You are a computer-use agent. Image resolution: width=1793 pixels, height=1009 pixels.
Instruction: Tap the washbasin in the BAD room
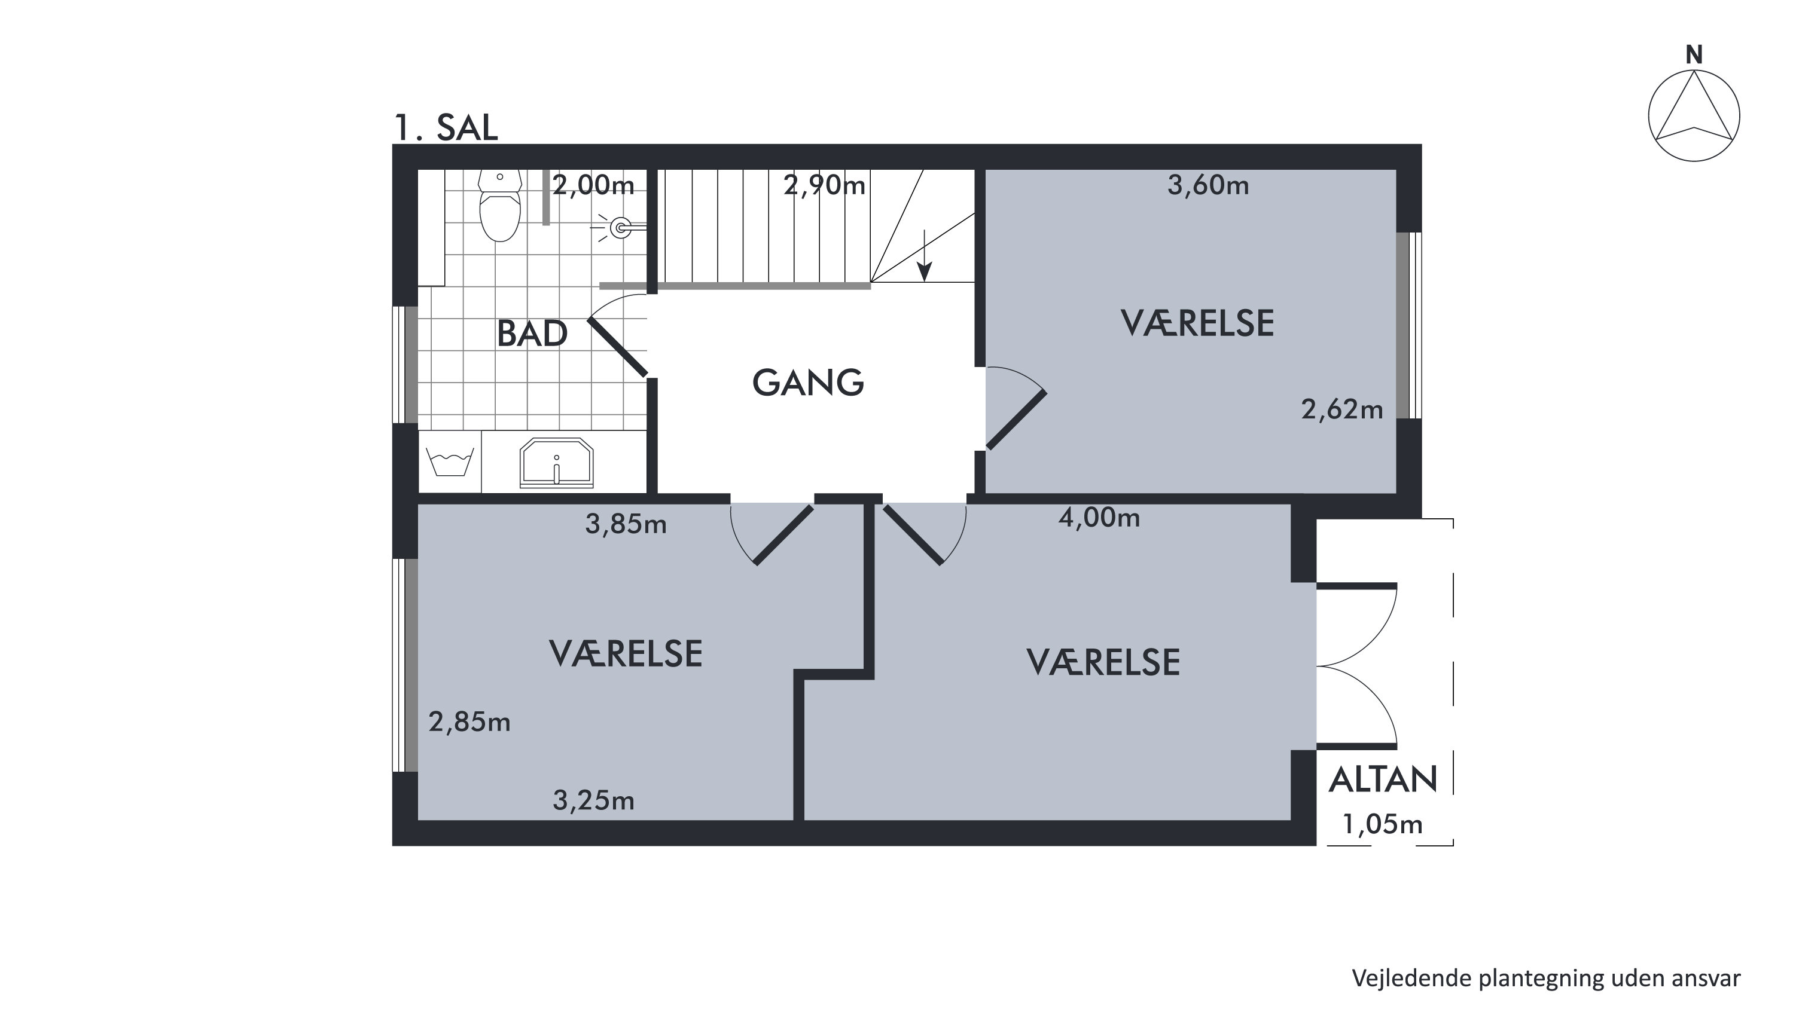pyautogui.click(x=556, y=463)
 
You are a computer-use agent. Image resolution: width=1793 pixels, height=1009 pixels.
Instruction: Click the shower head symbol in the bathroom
pyautogui.click(x=620, y=227)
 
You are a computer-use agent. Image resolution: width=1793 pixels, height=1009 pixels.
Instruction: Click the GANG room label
pyautogui.click(x=808, y=383)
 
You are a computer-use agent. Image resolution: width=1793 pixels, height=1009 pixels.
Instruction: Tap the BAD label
pyautogui.click(x=532, y=334)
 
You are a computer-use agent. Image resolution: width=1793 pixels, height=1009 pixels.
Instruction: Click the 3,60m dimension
pyautogui.click(x=1207, y=185)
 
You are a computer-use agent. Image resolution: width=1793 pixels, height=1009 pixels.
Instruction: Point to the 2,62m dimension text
pyautogui.click(x=1342, y=410)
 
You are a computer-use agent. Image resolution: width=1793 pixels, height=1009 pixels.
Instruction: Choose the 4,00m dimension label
pyautogui.click(x=1099, y=518)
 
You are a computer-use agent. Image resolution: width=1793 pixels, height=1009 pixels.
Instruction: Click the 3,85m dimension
pyautogui.click(x=626, y=524)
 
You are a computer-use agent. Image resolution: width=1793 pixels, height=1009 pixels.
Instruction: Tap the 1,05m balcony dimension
pyautogui.click(x=1382, y=825)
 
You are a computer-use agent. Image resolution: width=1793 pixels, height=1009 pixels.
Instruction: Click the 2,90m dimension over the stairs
pyautogui.click(x=824, y=185)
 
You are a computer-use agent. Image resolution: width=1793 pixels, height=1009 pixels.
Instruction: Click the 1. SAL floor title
pyautogui.click(x=446, y=127)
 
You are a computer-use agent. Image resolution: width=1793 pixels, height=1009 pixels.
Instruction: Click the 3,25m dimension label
pyautogui.click(x=594, y=801)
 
